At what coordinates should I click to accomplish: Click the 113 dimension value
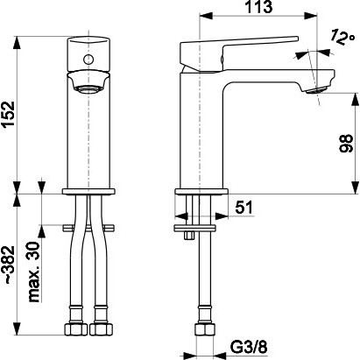click(x=258, y=7)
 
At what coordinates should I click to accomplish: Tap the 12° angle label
click(x=342, y=37)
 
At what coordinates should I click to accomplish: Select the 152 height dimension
click(x=9, y=114)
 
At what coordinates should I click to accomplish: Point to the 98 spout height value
click(x=346, y=144)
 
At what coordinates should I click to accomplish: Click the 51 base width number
click(x=244, y=208)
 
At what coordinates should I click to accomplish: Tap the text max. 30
click(x=33, y=272)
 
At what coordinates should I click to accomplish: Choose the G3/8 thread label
click(x=249, y=347)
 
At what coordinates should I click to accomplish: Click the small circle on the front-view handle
click(x=88, y=60)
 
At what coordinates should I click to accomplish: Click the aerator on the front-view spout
click(x=88, y=88)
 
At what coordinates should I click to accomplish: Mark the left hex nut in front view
click(x=76, y=328)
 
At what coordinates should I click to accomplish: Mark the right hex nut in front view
click(x=101, y=328)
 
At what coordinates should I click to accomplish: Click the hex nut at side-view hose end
click(x=204, y=329)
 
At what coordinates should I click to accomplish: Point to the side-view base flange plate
click(x=201, y=192)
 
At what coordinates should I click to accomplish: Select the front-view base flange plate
click(x=88, y=192)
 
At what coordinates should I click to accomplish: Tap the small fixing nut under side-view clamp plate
click(x=189, y=236)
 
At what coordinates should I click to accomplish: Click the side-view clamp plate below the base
click(x=194, y=228)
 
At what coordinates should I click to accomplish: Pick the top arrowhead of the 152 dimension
click(x=18, y=43)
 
